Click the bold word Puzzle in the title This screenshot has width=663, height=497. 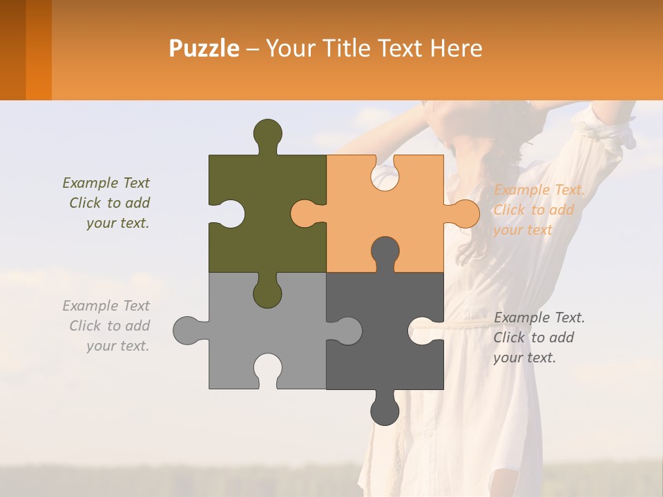coord(204,49)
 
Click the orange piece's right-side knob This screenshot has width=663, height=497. coord(463,213)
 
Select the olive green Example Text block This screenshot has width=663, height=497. coord(107,203)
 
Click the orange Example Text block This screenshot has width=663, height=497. coord(539,210)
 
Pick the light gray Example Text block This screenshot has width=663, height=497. coord(107,326)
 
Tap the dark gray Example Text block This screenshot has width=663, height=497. coord(539,338)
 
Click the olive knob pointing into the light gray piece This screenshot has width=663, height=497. coord(267,293)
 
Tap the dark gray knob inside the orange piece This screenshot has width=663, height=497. coord(385,252)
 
